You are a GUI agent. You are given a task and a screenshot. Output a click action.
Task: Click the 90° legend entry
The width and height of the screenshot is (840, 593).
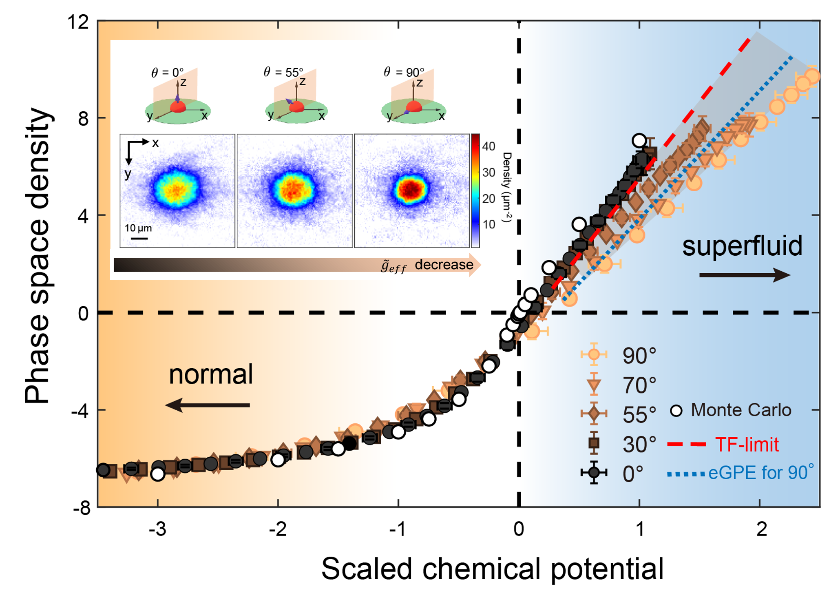[639, 356]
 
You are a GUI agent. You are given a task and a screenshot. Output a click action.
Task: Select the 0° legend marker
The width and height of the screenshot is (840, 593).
[594, 473]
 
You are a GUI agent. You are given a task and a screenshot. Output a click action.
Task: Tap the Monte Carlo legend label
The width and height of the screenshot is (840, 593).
[741, 410]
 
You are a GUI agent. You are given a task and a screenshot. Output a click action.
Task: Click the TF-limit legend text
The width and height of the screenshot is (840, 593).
[747, 444]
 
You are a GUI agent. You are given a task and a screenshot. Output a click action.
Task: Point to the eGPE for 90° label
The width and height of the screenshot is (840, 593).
[761, 473]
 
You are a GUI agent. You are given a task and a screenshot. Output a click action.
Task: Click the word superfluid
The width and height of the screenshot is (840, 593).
[742, 246]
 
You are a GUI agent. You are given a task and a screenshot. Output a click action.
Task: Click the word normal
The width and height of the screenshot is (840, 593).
[211, 374]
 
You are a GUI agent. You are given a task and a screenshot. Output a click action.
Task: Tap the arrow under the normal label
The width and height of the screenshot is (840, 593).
[208, 405]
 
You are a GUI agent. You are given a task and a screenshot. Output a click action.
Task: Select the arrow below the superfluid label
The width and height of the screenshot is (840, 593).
[745, 275]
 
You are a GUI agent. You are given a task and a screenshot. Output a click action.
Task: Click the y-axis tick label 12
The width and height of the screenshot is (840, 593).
[78, 22]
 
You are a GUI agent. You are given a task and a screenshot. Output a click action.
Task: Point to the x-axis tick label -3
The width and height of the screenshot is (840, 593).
[157, 529]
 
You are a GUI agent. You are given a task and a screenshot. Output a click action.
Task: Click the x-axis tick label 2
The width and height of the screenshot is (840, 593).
[761, 529]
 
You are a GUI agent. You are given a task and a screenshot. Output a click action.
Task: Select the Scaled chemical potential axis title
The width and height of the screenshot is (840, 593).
[492, 569]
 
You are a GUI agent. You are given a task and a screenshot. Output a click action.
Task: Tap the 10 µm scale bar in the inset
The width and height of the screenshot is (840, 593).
[139, 238]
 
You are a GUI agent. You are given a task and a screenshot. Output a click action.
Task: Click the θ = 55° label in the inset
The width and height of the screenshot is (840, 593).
[284, 73]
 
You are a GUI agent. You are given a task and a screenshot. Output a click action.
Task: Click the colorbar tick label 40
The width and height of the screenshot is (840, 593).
[489, 146]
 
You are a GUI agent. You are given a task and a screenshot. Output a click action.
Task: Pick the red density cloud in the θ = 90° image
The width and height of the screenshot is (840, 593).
[411, 189]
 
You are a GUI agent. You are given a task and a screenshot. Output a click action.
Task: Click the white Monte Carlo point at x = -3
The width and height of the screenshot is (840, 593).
[158, 474]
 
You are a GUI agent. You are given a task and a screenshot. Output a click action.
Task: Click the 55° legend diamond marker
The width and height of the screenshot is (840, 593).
[594, 414]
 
